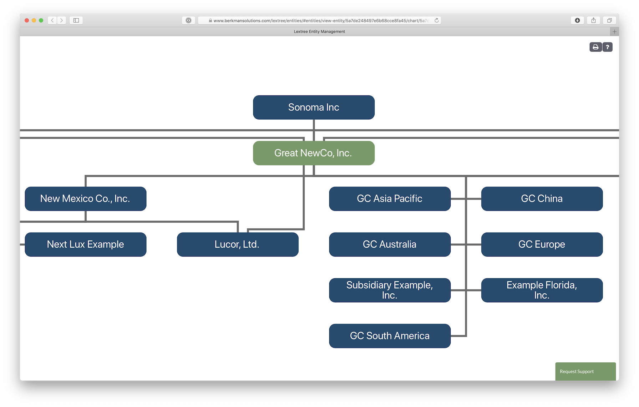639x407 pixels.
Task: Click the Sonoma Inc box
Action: pos(314,107)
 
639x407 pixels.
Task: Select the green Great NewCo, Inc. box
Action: pos(314,153)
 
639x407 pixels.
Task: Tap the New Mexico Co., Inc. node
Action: pos(85,199)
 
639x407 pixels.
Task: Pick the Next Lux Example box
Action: pos(85,244)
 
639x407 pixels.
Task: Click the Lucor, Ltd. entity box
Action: pos(237,244)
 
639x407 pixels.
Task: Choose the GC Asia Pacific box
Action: pos(390,199)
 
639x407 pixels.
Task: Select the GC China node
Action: pos(542,199)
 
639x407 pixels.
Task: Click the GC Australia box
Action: pos(390,244)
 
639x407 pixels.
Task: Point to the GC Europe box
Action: pos(542,244)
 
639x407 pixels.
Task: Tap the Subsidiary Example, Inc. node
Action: pos(390,290)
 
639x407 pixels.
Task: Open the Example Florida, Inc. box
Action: pos(542,290)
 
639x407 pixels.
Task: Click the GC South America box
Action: pos(390,336)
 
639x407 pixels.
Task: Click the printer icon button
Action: pos(595,47)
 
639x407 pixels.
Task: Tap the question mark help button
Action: pos(608,47)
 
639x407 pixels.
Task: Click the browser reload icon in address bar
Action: pos(436,20)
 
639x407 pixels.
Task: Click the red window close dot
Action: pos(27,20)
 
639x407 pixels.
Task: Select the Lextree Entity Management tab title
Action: pos(319,31)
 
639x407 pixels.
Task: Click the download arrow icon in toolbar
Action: pos(577,20)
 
